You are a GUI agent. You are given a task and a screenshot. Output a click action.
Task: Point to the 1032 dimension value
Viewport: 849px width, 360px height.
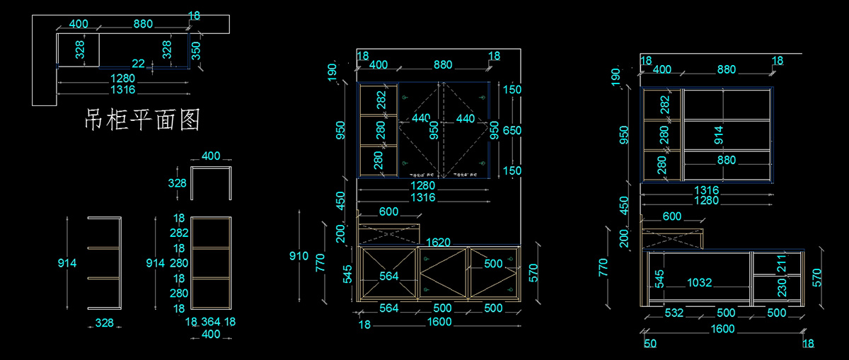click(x=699, y=282)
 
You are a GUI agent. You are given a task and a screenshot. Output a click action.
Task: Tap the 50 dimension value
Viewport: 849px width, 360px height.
click(x=650, y=344)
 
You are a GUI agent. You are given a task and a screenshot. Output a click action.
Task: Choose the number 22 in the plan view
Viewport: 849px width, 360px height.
click(x=139, y=64)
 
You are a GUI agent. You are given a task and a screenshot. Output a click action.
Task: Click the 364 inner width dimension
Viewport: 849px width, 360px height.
click(x=210, y=322)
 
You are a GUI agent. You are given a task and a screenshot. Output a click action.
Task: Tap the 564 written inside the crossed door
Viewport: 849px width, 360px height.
click(x=388, y=276)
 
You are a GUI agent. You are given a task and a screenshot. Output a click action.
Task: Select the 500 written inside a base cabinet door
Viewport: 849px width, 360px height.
click(x=493, y=263)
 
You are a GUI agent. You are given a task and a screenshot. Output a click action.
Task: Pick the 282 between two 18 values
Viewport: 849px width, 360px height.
click(x=179, y=233)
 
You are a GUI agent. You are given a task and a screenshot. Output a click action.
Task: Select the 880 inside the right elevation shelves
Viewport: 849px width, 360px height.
click(x=726, y=161)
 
